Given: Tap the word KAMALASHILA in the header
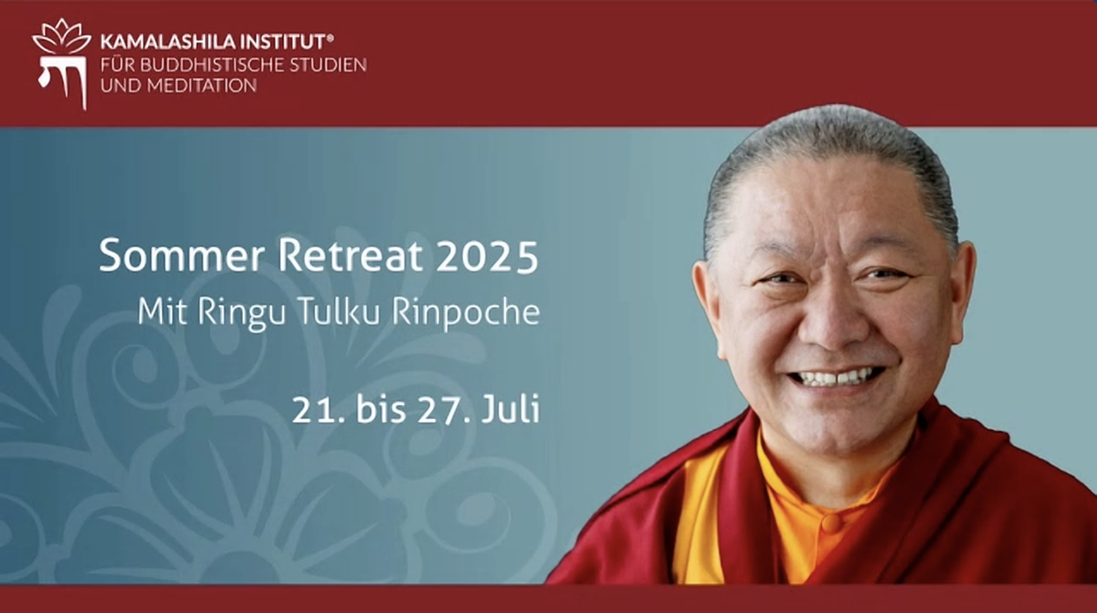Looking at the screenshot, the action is [x=167, y=42].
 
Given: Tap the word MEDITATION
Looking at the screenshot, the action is [x=202, y=86].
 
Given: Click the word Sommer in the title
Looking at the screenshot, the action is [x=182, y=255].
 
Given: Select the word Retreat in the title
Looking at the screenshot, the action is [x=350, y=255].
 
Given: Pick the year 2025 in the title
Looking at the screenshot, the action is [x=487, y=256].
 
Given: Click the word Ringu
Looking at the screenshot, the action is [x=242, y=313].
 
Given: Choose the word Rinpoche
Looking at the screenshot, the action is [x=465, y=313].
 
